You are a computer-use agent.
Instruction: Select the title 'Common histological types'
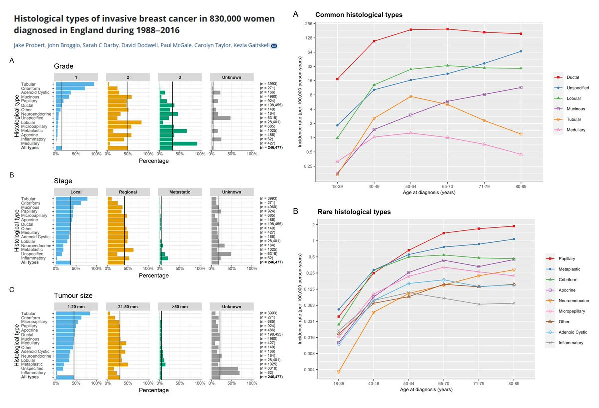[359, 15]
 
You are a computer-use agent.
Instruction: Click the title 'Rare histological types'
[354, 212]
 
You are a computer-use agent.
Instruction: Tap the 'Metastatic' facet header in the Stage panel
[179, 192]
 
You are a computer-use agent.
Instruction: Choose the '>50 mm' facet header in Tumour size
[179, 305]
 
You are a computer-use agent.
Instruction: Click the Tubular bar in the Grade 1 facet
[75, 84]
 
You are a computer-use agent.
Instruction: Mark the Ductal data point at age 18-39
[338, 79]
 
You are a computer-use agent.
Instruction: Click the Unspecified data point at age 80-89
[521, 51]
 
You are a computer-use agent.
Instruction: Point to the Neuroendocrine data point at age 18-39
[339, 372]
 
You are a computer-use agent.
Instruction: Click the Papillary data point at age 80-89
[514, 226]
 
